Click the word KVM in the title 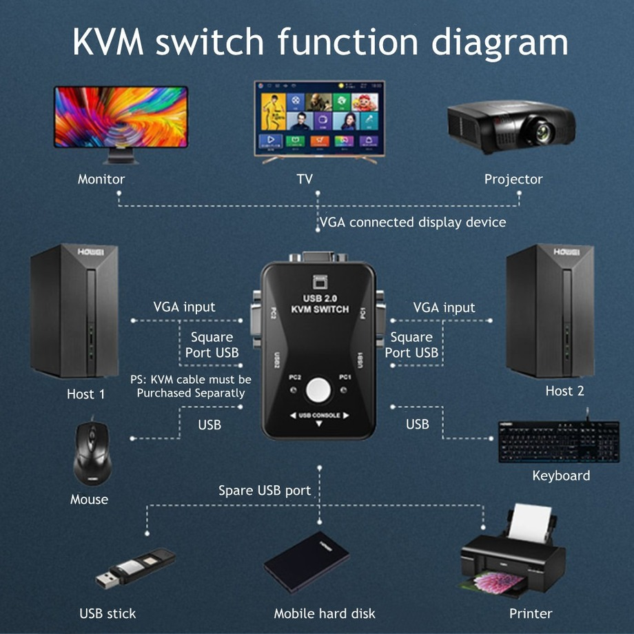[x=108, y=43]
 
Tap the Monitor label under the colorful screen [x=101, y=179]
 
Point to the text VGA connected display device [x=413, y=222]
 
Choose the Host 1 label [x=86, y=394]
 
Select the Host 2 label [x=565, y=391]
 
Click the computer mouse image [x=90, y=453]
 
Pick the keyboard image [x=559, y=440]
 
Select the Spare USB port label [x=265, y=491]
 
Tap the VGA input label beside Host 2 [x=444, y=307]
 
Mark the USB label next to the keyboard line [x=418, y=424]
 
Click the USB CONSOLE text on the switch [x=318, y=416]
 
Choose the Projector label [x=513, y=179]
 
